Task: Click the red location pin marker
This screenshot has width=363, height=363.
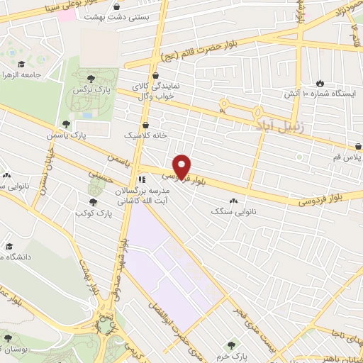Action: (x=182, y=167)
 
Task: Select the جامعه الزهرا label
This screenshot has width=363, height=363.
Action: (x=22, y=74)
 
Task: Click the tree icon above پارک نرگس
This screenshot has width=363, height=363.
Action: (x=89, y=79)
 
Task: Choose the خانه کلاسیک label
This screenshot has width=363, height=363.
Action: (x=145, y=134)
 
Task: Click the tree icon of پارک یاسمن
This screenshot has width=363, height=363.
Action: (x=67, y=125)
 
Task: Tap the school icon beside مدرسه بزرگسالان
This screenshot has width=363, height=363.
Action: (x=142, y=179)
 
